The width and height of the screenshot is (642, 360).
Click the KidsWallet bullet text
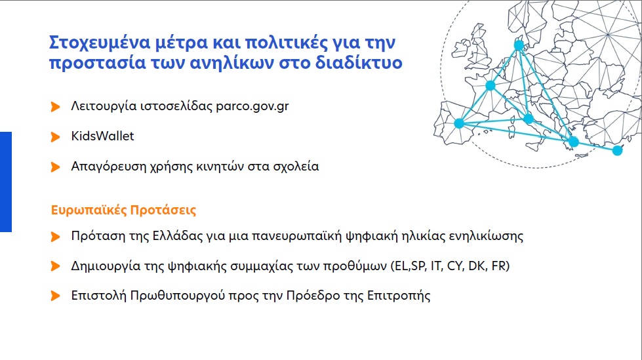[102, 136]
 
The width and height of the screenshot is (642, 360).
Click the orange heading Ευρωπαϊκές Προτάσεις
[124, 211]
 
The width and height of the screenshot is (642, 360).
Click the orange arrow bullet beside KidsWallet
[56, 136]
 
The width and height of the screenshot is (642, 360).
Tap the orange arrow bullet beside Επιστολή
[56, 296]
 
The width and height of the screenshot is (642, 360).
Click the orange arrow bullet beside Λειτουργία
[56, 106]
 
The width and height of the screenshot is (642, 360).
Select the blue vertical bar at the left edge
[6, 182]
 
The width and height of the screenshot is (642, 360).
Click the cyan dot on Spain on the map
[459, 123]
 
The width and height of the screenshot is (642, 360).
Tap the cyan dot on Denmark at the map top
[519, 45]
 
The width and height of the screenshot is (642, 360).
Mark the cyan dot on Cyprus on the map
[617, 151]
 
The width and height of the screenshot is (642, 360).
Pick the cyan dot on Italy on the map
[529, 119]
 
